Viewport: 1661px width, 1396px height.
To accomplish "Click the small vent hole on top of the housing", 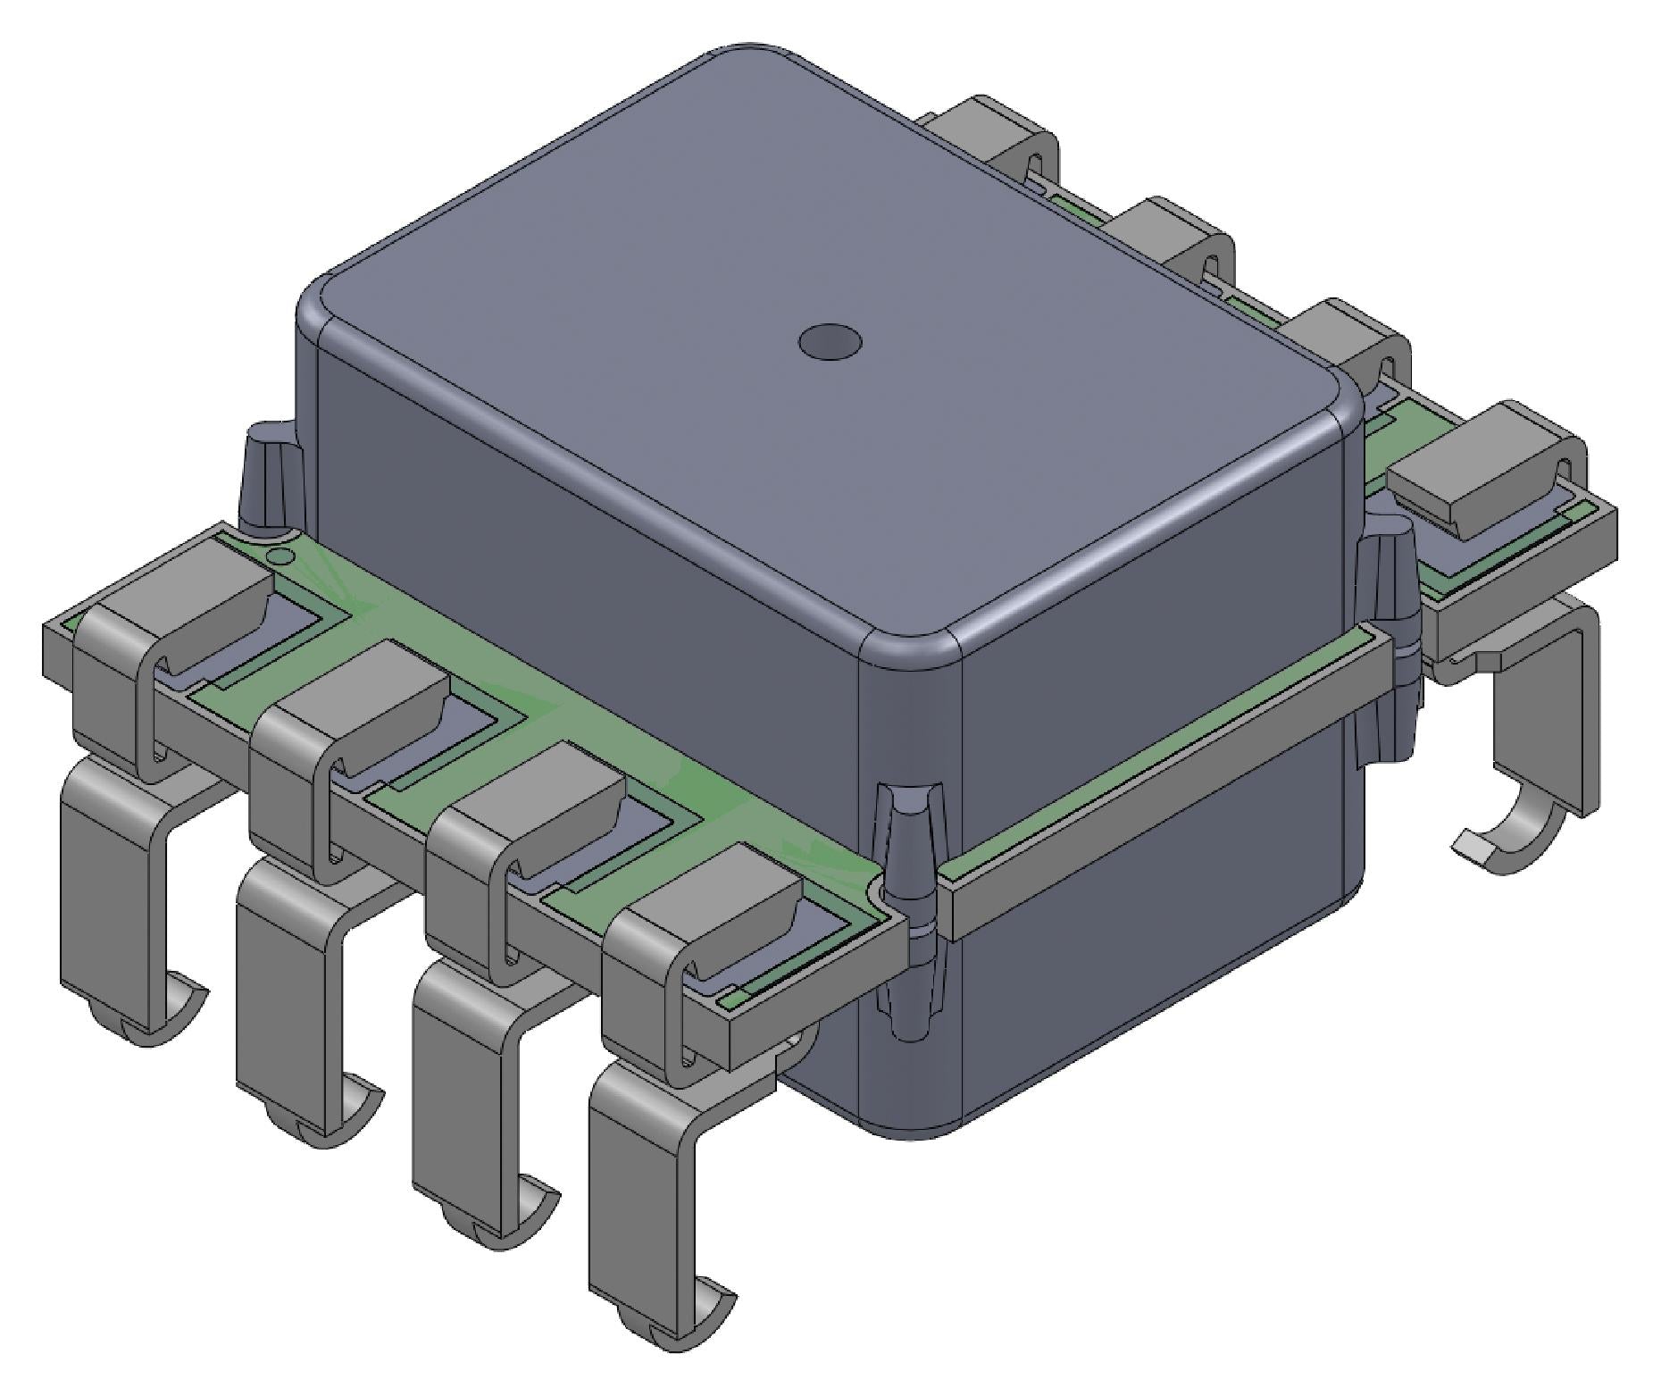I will click(830, 342).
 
